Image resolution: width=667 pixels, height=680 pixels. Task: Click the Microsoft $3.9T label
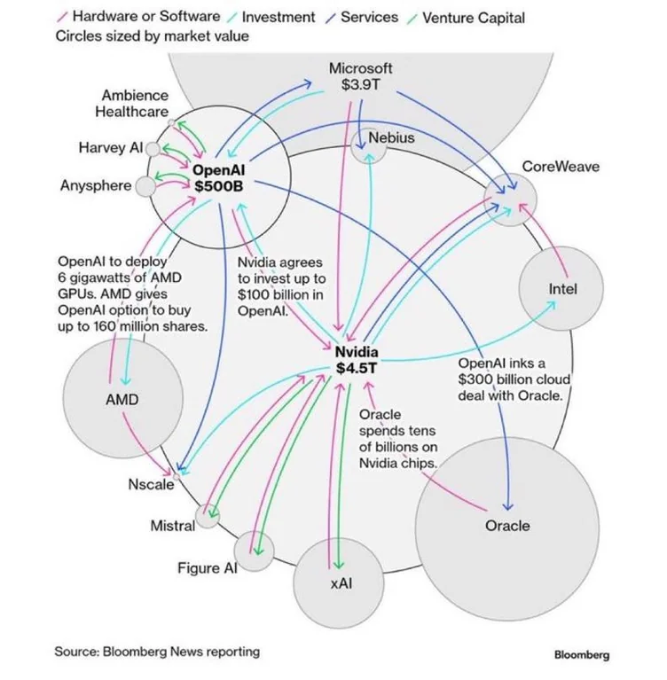[360, 76]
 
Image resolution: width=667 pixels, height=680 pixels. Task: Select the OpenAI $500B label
[218, 176]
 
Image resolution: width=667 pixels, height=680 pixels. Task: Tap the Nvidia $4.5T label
[357, 360]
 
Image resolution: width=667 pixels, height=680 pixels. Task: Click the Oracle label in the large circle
[507, 526]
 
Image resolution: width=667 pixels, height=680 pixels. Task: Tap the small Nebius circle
[367, 146]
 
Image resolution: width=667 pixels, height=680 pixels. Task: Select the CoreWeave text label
[560, 167]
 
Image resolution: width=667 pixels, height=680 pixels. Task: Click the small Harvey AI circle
[153, 149]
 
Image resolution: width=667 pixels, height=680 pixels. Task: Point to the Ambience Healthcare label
[132, 104]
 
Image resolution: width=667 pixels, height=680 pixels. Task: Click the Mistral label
[172, 526]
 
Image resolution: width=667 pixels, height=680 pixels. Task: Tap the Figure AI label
[206, 568]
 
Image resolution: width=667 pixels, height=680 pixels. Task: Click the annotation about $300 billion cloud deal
[510, 379]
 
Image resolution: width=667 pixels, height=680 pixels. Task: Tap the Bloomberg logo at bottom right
[581, 655]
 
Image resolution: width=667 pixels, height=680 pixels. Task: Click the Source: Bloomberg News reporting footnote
[157, 652]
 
